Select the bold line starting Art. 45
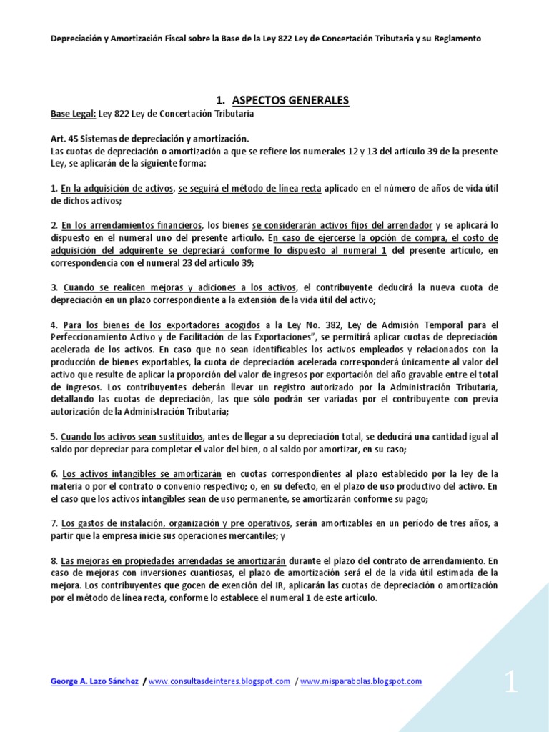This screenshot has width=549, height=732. pyautogui.click(x=150, y=139)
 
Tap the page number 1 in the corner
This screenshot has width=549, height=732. pyautogui.click(x=510, y=683)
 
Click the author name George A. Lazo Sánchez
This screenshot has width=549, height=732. pyautogui.click(x=94, y=681)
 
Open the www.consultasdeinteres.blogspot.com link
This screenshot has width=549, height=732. pyautogui.click(x=220, y=681)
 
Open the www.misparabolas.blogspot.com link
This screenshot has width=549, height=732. pyautogui.click(x=362, y=681)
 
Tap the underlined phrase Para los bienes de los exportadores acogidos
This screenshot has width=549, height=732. pyautogui.click(x=162, y=325)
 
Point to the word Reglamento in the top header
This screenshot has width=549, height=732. pyautogui.click(x=455, y=39)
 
